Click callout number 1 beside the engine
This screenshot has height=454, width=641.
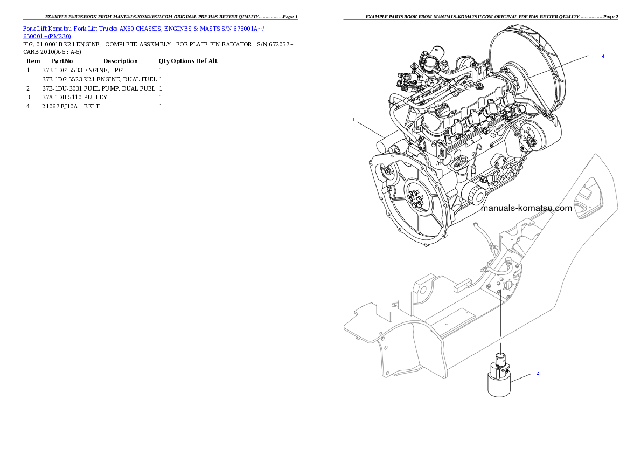click(x=353, y=120)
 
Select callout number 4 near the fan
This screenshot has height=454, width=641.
click(x=603, y=56)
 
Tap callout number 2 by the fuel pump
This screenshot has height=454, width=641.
click(x=537, y=373)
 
